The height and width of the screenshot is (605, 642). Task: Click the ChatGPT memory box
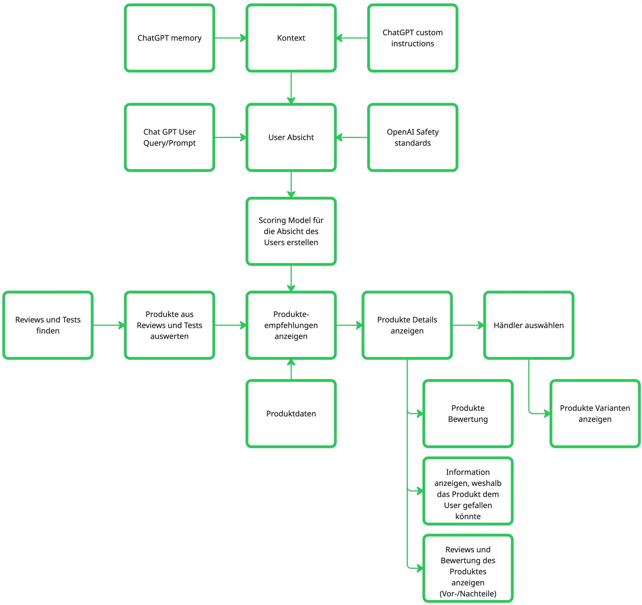[169, 38]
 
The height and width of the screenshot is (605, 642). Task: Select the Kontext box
[291, 38]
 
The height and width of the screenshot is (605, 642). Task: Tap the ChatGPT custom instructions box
[412, 38]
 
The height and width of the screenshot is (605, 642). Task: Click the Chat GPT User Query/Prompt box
[169, 137]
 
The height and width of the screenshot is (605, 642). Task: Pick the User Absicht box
[291, 137]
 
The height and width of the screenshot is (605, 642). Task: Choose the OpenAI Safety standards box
[412, 137]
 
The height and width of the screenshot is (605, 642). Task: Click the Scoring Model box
[291, 231]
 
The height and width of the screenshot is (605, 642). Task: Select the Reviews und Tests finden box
[48, 325]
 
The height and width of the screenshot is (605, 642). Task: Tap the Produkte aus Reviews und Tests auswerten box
[169, 325]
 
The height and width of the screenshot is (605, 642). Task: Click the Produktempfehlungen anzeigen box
[291, 325]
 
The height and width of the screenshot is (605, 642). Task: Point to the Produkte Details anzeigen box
[407, 325]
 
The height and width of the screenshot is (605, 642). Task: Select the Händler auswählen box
[529, 325]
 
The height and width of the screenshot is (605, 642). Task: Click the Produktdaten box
[291, 414]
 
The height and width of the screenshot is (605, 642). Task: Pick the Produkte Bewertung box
[468, 414]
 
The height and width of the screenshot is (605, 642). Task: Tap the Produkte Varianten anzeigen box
[595, 414]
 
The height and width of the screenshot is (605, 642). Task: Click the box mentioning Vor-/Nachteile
[468, 571]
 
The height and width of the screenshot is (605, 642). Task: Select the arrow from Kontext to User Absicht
[291, 87]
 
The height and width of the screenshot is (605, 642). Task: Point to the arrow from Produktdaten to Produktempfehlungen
[291, 370]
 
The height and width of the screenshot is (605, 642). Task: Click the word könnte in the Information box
[468, 516]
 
